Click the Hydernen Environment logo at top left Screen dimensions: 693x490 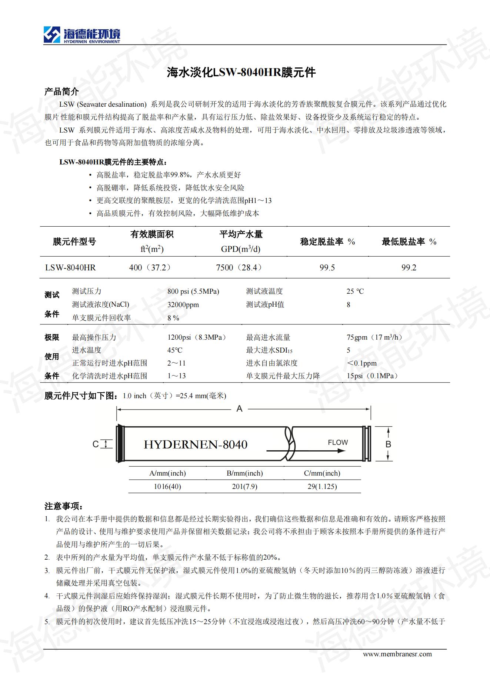pyautogui.click(x=82, y=35)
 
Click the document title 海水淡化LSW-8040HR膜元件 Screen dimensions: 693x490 pyautogui.click(x=241, y=72)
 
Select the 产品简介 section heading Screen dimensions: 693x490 pyautogui.click(x=61, y=91)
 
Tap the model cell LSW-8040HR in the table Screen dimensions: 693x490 pyautogui.click(x=70, y=267)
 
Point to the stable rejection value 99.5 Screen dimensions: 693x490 pyautogui.click(x=327, y=267)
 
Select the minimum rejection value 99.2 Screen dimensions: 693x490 pyautogui.click(x=409, y=267)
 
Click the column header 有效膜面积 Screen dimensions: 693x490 pyautogui.click(x=152, y=234)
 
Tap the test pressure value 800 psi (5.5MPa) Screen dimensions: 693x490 pyautogui.click(x=193, y=291)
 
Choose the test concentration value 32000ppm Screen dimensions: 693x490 pyautogui.click(x=183, y=305)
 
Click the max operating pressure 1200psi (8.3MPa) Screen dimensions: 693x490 pyautogui.click(x=197, y=337)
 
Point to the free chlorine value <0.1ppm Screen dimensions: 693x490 pyautogui.click(x=361, y=363)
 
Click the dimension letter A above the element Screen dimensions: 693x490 pyautogui.click(x=239, y=409)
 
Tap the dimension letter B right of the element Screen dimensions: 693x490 pyautogui.click(x=388, y=444)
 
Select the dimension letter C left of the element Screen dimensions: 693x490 pyautogui.click(x=96, y=444)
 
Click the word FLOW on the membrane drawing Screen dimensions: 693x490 pyautogui.click(x=337, y=443)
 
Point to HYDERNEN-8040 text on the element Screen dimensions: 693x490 pyautogui.click(x=195, y=444)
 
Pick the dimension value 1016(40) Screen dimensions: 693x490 pyautogui.click(x=167, y=487)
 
